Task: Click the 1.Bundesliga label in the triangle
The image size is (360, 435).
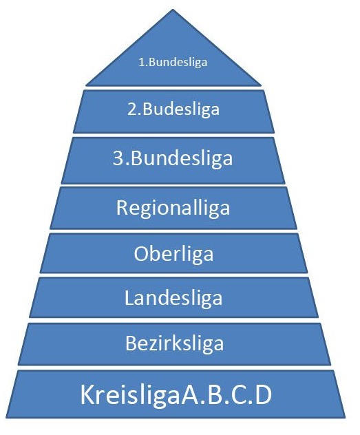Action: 173,62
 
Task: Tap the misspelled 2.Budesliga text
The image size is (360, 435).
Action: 173,109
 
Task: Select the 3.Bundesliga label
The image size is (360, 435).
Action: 173,158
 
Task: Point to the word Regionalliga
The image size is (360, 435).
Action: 173,207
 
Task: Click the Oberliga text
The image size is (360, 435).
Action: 173,253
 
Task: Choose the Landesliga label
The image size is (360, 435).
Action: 173,298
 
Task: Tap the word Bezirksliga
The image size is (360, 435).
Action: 174,343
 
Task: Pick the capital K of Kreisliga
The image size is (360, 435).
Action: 87,394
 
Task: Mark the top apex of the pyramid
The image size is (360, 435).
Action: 173,10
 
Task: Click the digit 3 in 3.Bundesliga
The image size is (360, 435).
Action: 118,158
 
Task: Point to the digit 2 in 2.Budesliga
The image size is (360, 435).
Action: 131,109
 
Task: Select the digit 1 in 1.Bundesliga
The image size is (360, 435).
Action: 141,62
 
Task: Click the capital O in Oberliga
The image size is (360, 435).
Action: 140,253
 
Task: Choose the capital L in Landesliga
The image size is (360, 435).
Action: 129,297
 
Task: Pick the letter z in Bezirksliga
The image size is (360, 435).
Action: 156,345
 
